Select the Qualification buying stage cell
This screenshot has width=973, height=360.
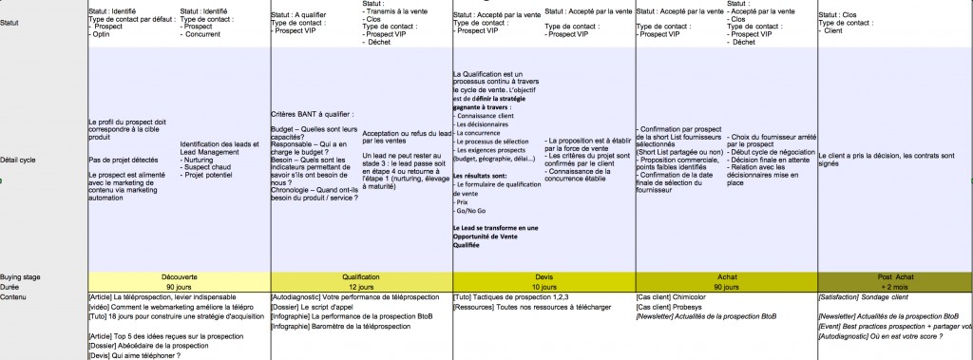click(359, 276)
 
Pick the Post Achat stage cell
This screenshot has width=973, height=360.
click(893, 276)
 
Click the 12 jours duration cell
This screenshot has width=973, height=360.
click(359, 286)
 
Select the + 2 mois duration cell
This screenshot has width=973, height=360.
click(893, 286)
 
